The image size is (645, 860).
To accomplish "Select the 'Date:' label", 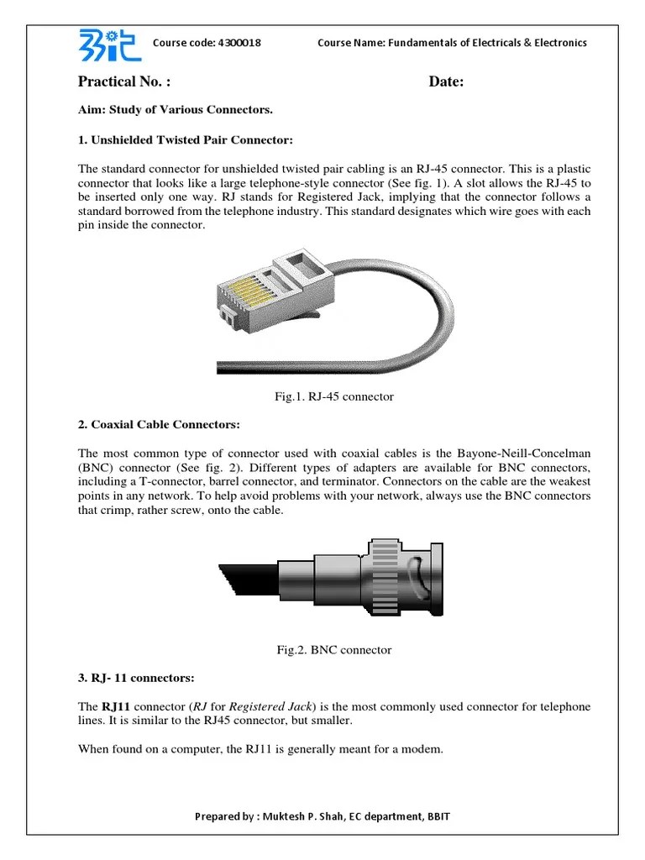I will (x=446, y=81).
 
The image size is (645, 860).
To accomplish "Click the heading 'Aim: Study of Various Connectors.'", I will (x=176, y=110).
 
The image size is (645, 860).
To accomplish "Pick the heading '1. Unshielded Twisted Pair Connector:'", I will (x=186, y=139).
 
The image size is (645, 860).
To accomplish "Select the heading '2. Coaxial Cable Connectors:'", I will (x=159, y=424).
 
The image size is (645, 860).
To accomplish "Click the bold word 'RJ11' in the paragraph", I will (x=116, y=706).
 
